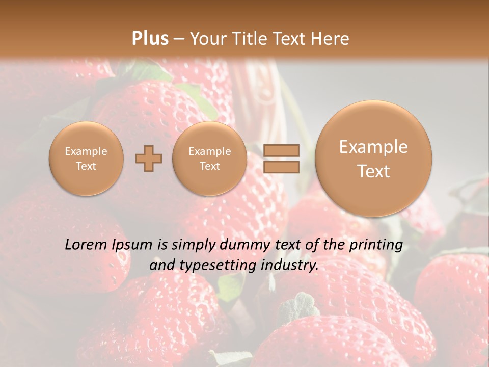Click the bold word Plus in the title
tap(150, 38)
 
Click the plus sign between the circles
tap(148, 159)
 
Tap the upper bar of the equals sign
tap(281, 150)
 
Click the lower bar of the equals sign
tap(281, 167)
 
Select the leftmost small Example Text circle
tap(86, 159)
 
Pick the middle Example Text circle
tap(209, 159)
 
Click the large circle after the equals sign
tap(373, 159)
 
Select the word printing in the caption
tap(375, 245)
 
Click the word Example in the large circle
tap(373, 147)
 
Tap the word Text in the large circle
tap(373, 171)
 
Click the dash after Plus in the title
tap(179, 39)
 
